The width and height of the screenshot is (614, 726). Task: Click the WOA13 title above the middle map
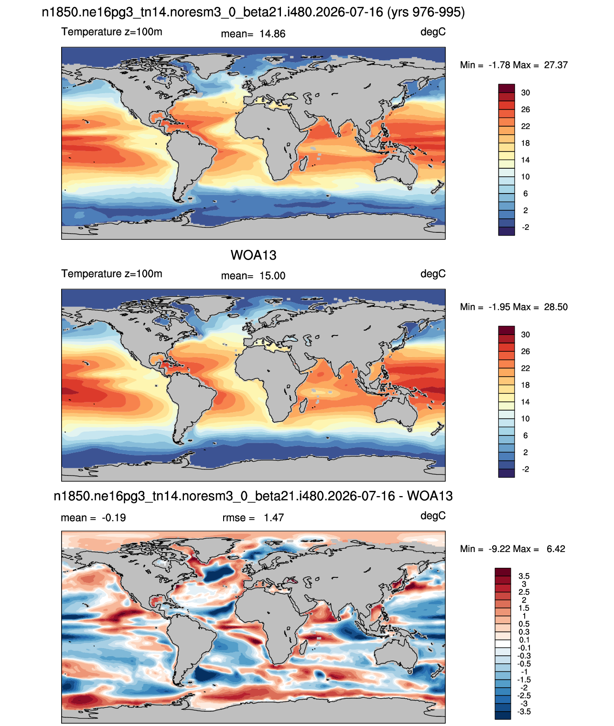253,255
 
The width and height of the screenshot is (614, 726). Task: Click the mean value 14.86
272,34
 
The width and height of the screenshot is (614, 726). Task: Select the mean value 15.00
272,276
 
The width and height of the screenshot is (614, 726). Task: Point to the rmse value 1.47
274,518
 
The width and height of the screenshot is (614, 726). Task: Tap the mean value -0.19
114,518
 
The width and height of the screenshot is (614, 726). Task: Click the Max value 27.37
556,65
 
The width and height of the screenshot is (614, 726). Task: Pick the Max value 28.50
556,307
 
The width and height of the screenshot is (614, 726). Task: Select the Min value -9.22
500,549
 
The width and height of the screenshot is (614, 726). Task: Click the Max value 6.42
556,549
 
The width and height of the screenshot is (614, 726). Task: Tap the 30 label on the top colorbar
525,93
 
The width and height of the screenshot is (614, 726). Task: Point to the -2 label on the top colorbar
525,227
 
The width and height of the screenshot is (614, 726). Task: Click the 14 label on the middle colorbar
525,402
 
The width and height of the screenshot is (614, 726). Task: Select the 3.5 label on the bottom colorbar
524,576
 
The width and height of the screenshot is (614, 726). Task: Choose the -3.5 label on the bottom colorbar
524,712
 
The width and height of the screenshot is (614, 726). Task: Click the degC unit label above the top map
433,32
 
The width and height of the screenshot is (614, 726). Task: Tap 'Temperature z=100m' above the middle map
112,273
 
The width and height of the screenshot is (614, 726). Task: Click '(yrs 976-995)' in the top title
426,12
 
